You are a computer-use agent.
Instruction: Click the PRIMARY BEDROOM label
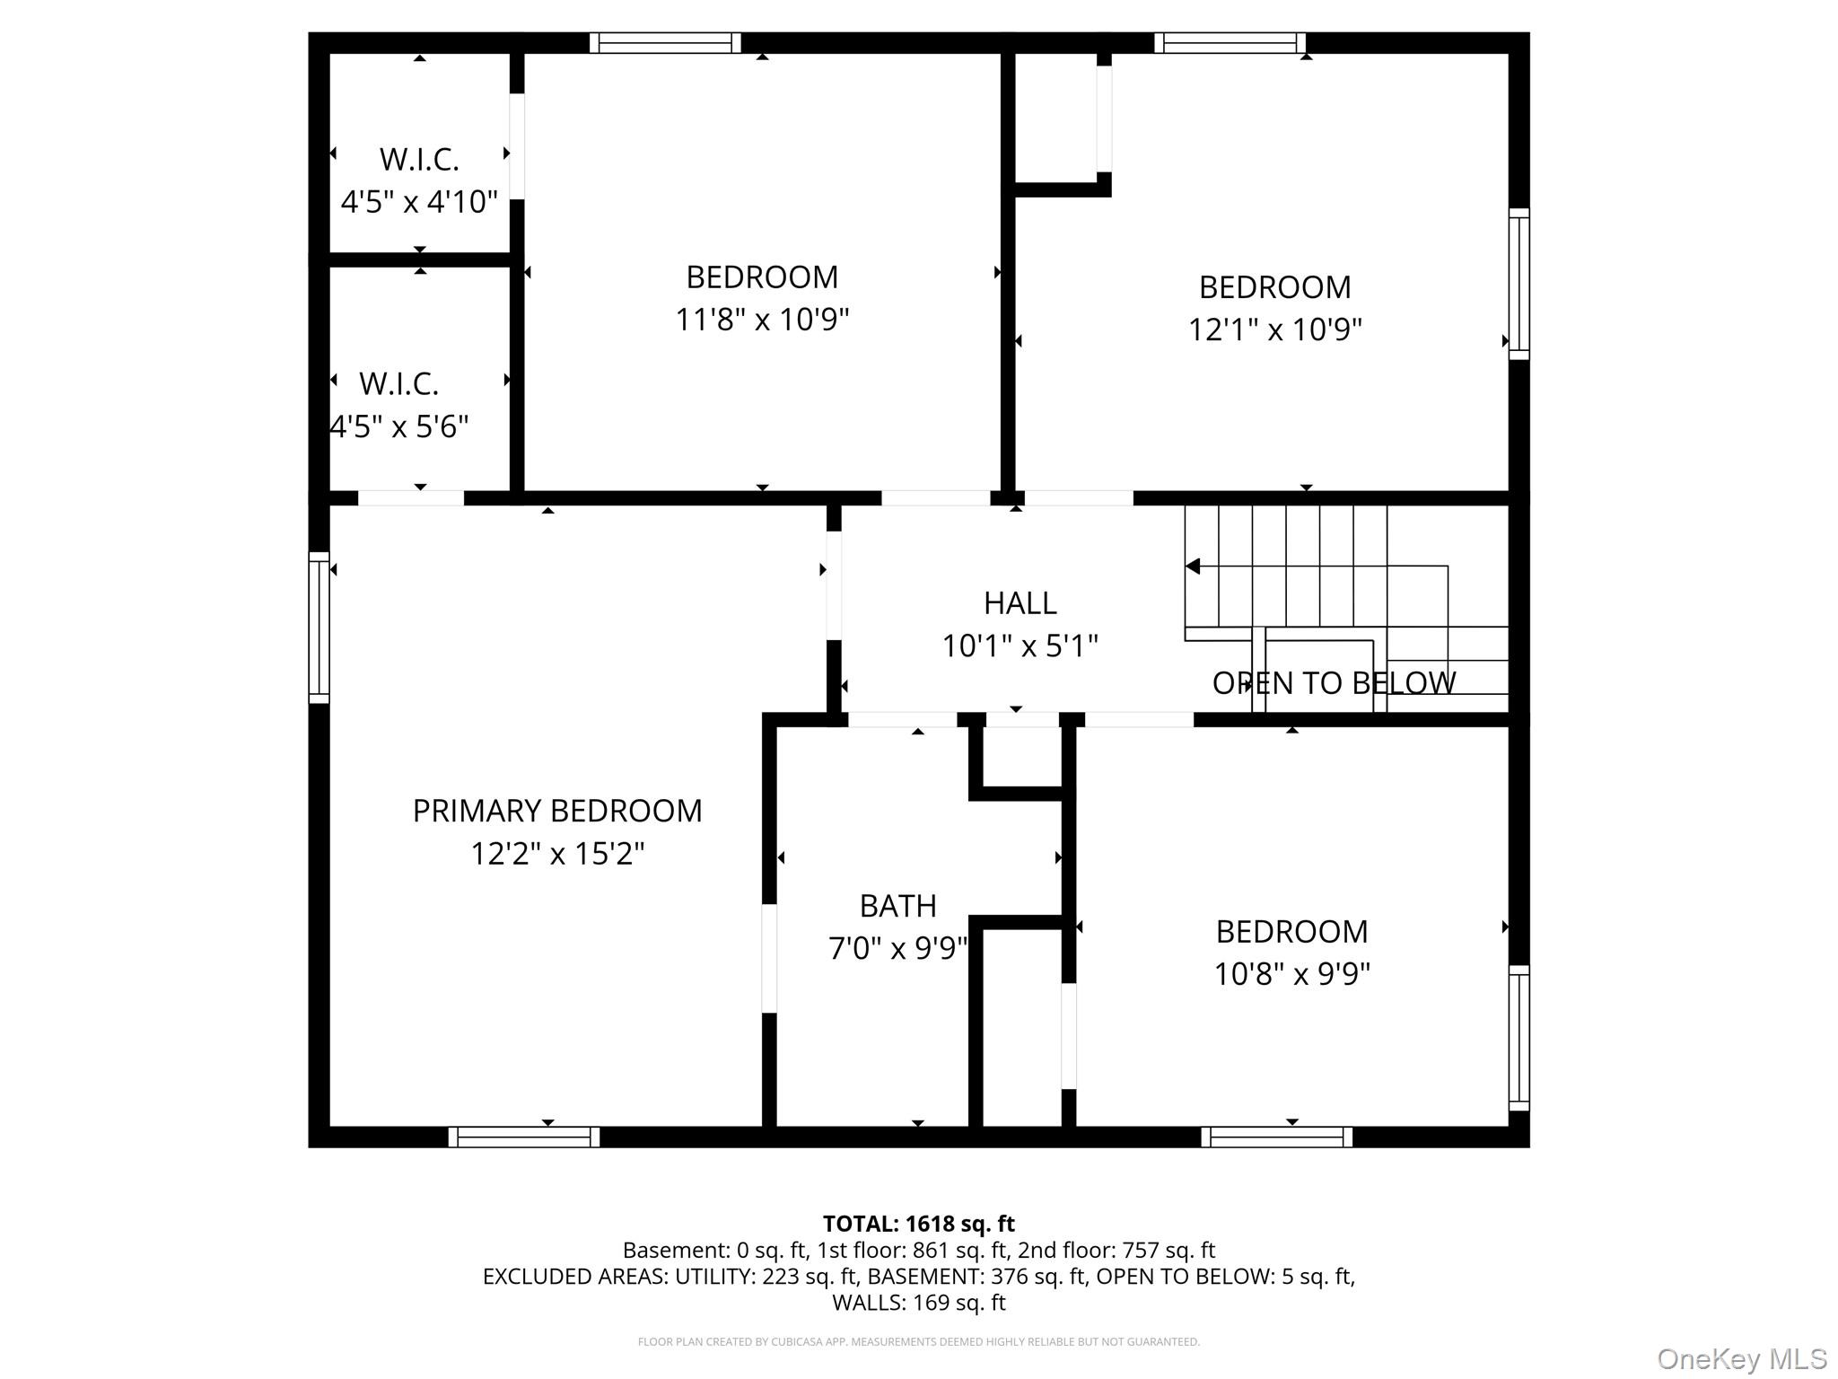coord(556,811)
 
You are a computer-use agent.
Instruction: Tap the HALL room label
coord(1020,603)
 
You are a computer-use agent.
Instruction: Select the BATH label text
coord(897,906)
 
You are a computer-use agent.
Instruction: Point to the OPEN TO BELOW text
coord(1334,683)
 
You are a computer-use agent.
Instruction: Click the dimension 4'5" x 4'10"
coord(418,201)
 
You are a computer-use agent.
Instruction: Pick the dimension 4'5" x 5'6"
coord(399,426)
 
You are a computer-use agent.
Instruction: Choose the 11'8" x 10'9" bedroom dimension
coord(762,319)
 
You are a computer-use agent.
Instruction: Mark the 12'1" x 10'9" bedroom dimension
coord(1274,329)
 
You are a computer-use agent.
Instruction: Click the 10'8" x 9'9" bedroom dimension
coord(1291,973)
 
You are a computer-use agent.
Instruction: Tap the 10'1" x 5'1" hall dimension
coord(1020,646)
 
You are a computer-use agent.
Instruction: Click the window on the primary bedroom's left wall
coord(319,627)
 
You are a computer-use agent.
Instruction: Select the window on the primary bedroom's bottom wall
coord(524,1137)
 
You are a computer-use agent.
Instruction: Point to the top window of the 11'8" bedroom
coord(665,42)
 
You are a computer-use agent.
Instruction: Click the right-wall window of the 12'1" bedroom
coord(1519,284)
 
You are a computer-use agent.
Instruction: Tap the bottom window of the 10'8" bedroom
coord(1276,1137)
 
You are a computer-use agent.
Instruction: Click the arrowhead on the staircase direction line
coord(1193,567)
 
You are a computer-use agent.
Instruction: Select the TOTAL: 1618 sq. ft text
coord(918,1224)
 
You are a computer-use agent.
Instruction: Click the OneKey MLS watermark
coord(1741,1358)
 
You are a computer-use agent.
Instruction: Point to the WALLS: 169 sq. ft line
coord(918,1302)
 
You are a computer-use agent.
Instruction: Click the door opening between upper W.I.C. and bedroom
coord(517,146)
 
